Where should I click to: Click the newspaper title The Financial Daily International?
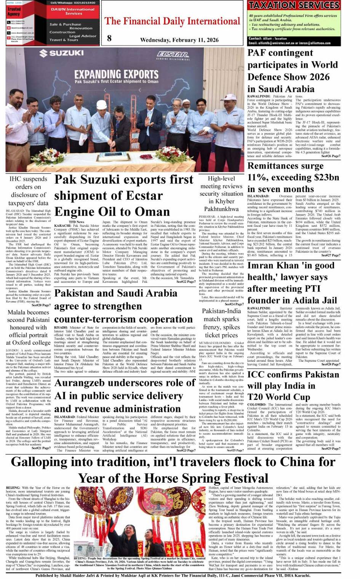[x=172, y=21]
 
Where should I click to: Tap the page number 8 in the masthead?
[x=110, y=38]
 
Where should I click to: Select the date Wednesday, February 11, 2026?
[x=179, y=40]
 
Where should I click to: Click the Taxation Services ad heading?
[x=294, y=5]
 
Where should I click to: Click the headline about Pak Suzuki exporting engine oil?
[x=124, y=195]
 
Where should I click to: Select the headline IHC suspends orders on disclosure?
[x=29, y=191]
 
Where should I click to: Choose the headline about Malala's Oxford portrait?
[x=29, y=327]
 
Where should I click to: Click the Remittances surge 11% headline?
[x=293, y=177]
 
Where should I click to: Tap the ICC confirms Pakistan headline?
[x=293, y=385]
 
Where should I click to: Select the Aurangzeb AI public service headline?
[x=124, y=396]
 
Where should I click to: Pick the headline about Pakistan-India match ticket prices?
[x=221, y=323]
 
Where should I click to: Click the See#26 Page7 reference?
[x=331, y=156]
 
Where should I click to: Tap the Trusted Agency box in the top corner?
[x=14, y=11]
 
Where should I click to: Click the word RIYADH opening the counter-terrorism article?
[x=61, y=327]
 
